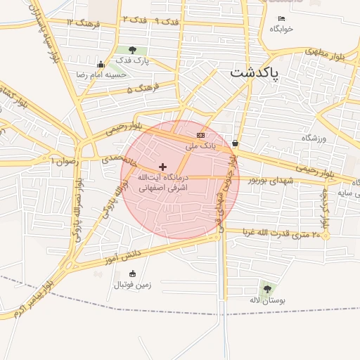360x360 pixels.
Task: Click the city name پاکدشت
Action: pyautogui.click(x=255, y=73)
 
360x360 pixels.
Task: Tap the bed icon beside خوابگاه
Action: pyautogui.click(x=282, y=19)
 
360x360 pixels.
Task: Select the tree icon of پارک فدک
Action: pyautogui.click(x=132, y=50)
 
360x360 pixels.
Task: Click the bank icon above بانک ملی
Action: pyautogui.click(x=201, y=134)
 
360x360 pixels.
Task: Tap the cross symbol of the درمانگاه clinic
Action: pyautogui.click(x=163, y=167)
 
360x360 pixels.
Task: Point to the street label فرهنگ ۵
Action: pyautogui.click(x=144, y=89)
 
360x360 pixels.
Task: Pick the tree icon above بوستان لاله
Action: pyautogui.click(x=266, y=288)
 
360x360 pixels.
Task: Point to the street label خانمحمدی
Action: pyautogui.click(x=117, y=159)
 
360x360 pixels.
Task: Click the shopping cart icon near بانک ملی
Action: pyautogui.click(x=234, y=143)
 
